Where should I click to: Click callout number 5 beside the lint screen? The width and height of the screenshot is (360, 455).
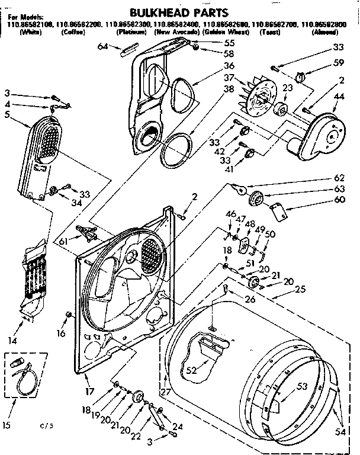7,115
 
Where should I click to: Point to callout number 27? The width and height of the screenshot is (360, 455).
164,392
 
